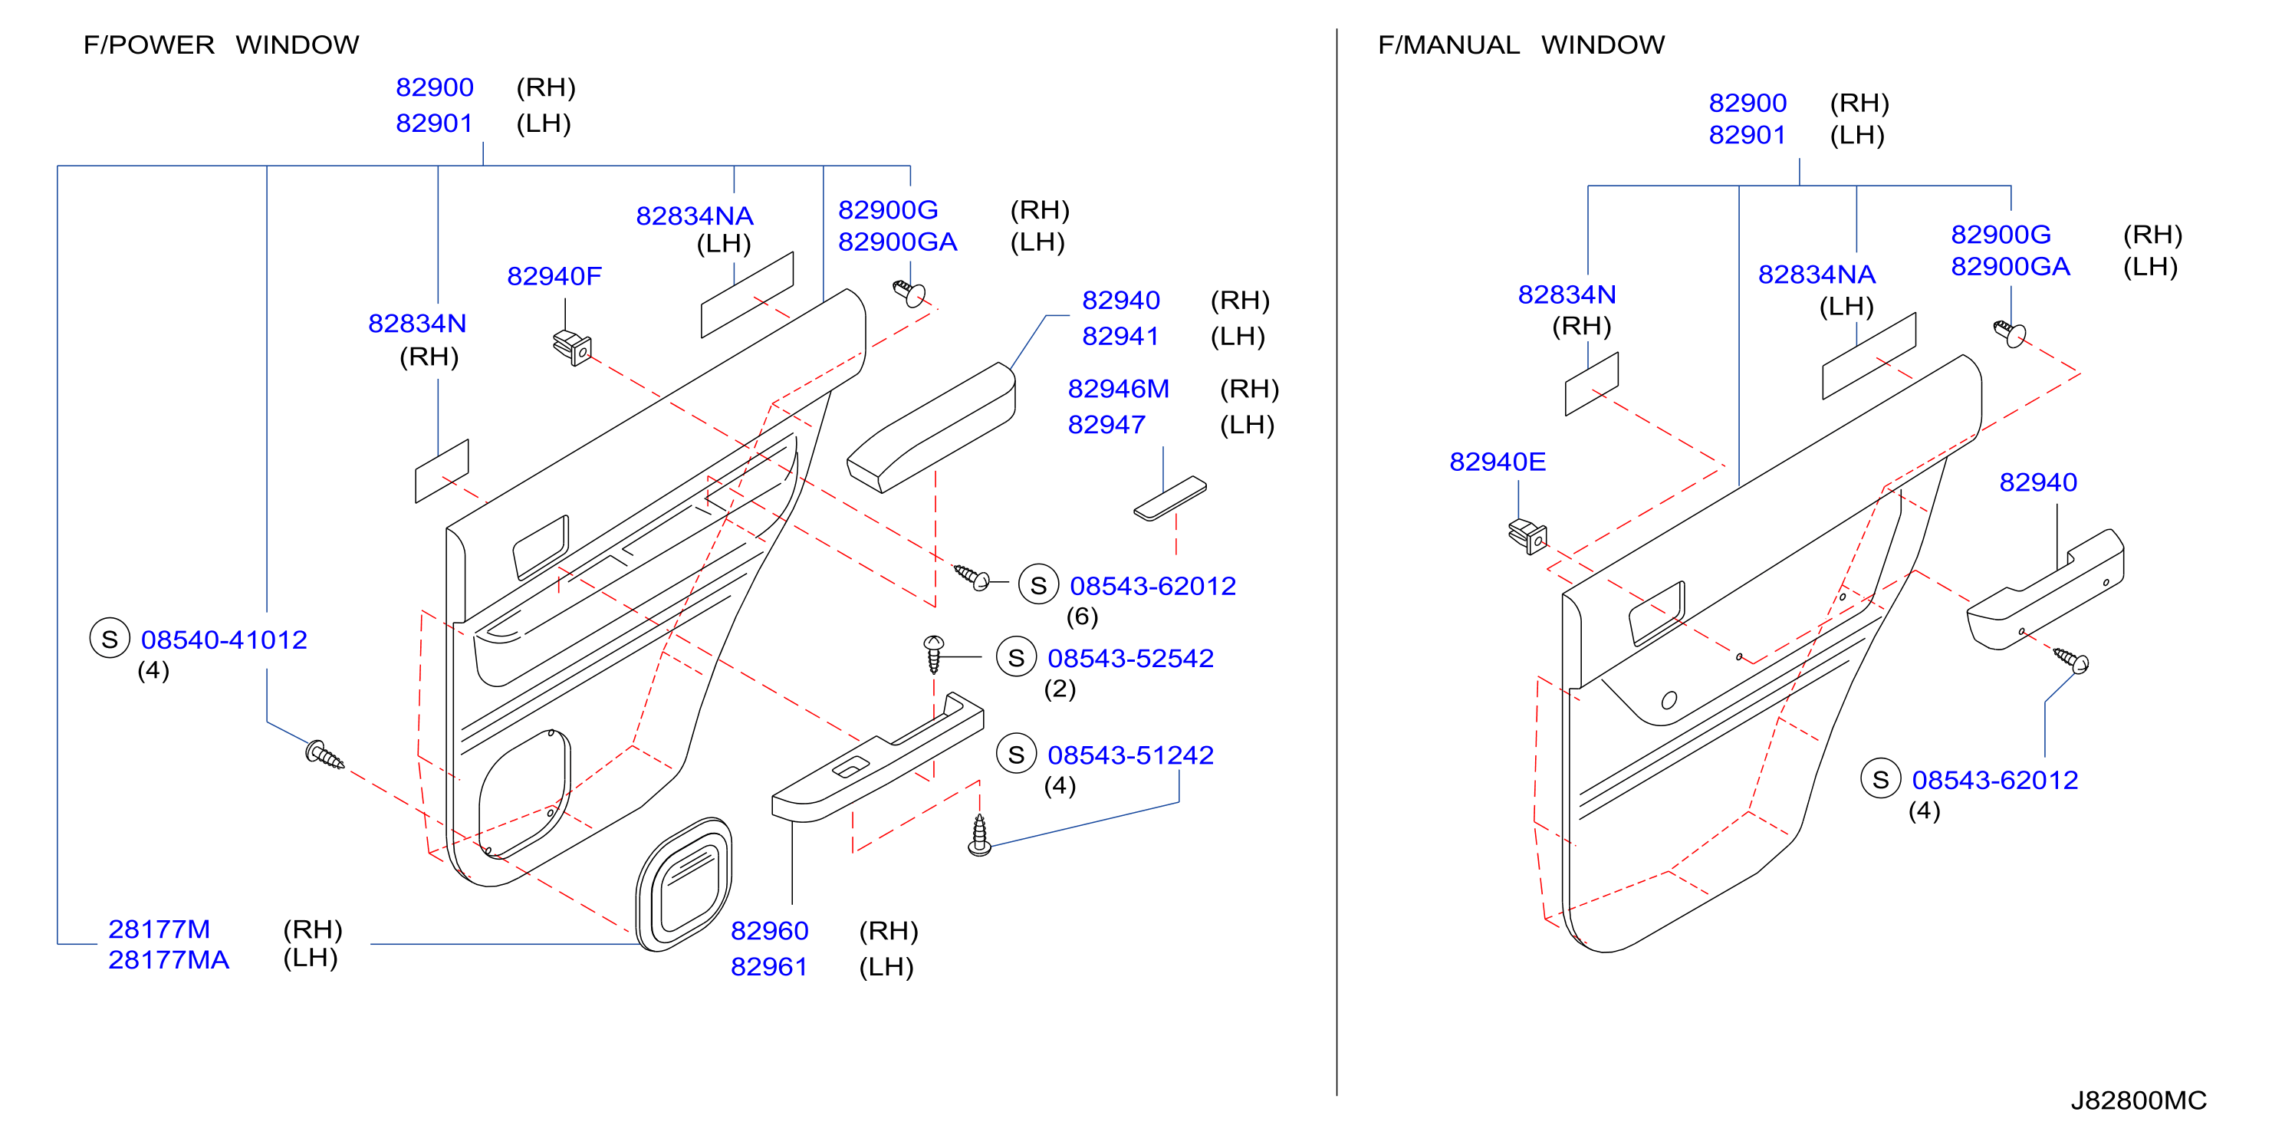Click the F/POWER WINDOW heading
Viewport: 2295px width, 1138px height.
click(221, 44)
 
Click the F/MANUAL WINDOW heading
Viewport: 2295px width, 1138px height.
click(1521, 44)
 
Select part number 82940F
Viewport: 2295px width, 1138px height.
click(554, 276)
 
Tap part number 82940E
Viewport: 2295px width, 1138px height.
click(1497, 462)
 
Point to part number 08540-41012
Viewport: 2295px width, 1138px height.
click(224, 640)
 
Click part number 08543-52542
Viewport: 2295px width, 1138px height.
click(1130, 659)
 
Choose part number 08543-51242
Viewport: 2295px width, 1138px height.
click(1130, 755)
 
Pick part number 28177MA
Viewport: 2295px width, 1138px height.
click(169, 960)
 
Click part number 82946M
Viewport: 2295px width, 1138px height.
click(1118, 389)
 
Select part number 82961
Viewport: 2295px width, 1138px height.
click(769, 967)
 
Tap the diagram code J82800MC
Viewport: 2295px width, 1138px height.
click(2139, 1100)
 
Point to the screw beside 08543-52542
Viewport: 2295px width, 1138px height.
click(932, 654)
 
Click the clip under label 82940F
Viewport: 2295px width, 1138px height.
click(572, 347)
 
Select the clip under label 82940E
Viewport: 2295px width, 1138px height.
click(1527, 535)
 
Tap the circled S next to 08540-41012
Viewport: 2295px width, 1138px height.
click(110, 639)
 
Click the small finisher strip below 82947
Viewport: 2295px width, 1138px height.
click(1170, 498)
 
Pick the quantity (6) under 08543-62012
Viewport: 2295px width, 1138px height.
click(1082, 617)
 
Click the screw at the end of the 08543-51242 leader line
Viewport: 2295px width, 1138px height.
click(979, 836)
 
